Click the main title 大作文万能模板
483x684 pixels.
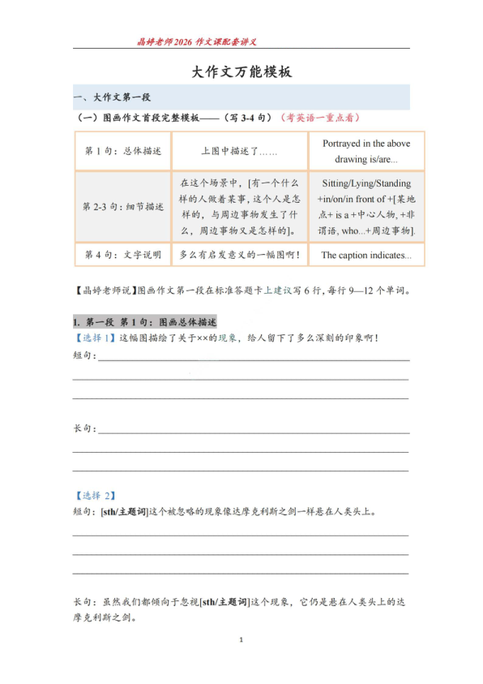241,72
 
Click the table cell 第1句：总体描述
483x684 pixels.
123,151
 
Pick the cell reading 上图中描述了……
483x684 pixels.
239,151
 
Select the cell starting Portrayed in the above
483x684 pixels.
366,151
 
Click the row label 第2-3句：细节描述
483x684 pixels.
123,207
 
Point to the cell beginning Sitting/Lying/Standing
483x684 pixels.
366,207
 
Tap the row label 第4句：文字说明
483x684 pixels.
123,255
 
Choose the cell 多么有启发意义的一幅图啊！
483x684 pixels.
239,255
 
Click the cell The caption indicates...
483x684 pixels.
366,256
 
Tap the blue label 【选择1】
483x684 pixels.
95,338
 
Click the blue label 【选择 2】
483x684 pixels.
95,495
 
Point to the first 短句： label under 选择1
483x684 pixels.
84,355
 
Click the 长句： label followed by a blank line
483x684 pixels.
84,428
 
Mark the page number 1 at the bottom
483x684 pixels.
241,641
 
